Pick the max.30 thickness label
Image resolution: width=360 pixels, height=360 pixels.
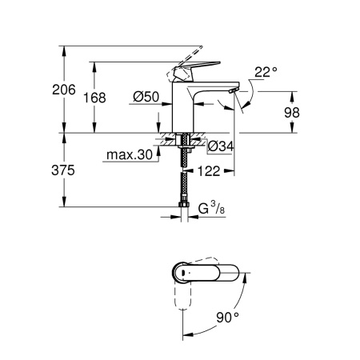coord(127,155)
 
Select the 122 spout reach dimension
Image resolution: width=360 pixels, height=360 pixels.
coord(210,170)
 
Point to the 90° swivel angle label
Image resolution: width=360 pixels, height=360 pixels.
coord(228,318)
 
